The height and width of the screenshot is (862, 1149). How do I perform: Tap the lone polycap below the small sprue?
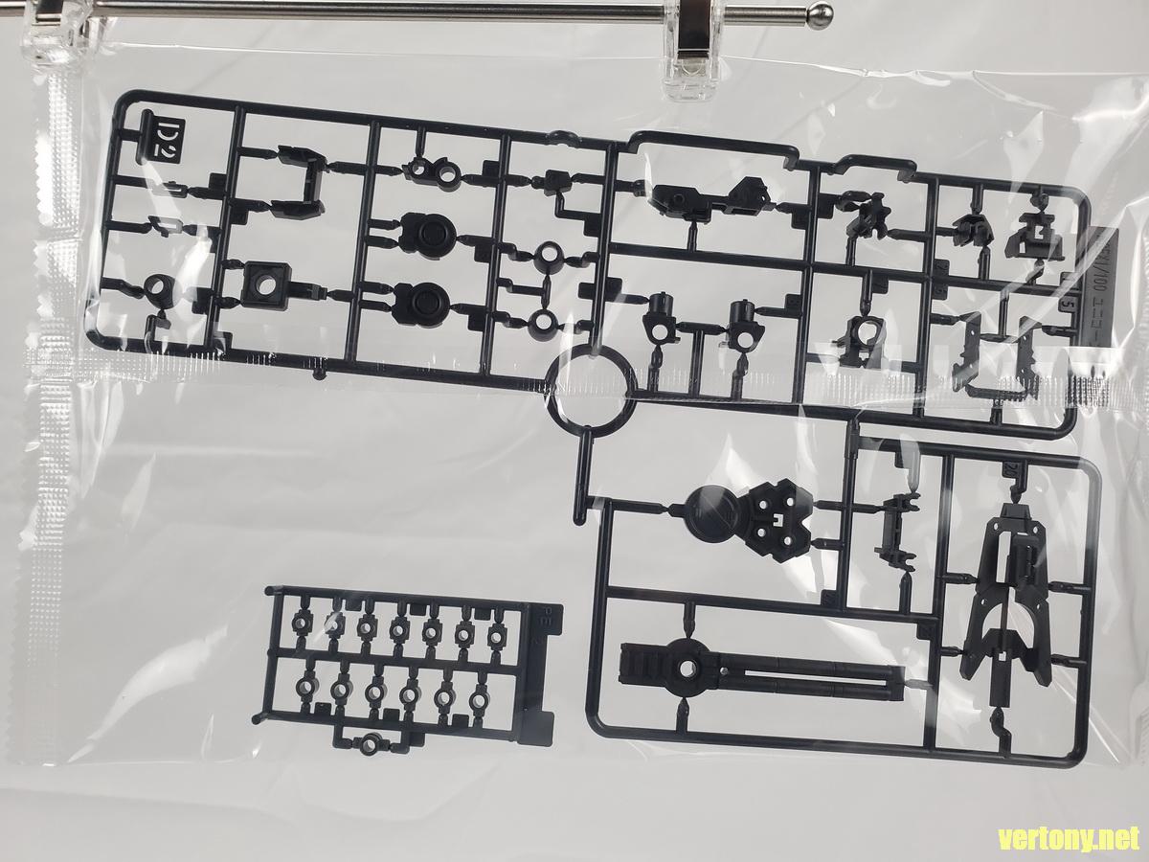[370, 741]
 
